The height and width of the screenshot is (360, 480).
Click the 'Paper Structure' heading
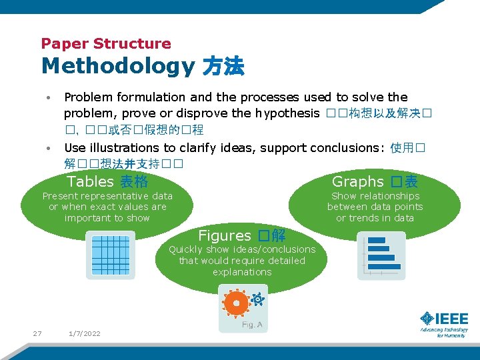point(106,44)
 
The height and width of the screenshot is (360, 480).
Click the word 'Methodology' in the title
point(117,67)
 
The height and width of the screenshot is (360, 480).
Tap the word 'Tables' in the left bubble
point(91,181)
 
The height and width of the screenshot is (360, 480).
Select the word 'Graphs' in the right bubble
point(357,181)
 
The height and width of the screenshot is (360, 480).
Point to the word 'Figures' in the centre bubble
point(225,235)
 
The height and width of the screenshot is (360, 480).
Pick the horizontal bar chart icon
point(381,255)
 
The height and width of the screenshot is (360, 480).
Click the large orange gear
point(235,303)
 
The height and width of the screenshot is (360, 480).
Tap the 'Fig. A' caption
point(251,325)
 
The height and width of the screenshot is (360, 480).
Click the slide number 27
point(37,333)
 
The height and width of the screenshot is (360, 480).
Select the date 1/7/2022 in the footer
point(84,333)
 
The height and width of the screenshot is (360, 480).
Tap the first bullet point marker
point(49,98)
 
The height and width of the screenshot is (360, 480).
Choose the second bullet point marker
point(49,148)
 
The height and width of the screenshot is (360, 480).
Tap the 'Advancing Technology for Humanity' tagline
point(444,333)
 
